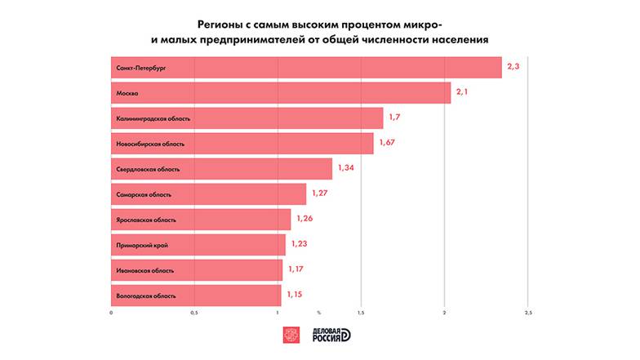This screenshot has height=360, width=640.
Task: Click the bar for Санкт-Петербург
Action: (306, 68)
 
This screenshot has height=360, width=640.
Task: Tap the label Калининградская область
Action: (153, 118)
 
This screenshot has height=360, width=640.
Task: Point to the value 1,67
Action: (387, 144)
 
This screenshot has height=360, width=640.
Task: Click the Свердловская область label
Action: (148, 169)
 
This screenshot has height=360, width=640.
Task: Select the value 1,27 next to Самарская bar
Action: (320, 194)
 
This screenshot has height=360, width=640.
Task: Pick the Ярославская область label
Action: (146, 220)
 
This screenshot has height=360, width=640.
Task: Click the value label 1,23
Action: (300, 244)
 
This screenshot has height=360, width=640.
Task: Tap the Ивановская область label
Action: (145, 270)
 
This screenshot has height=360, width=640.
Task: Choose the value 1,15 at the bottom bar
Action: (295, 295)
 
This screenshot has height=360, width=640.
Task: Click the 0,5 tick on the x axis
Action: (194, 313)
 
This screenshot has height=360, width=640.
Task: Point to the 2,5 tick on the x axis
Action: (528, 313)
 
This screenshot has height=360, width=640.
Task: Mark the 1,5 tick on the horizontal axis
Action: (361, 313)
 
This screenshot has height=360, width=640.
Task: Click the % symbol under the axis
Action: (319, 313)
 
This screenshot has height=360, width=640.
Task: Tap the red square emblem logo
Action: (291, 336)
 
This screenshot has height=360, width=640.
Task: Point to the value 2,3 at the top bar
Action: (513, 68)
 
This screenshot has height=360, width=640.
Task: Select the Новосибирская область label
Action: (151, 144)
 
